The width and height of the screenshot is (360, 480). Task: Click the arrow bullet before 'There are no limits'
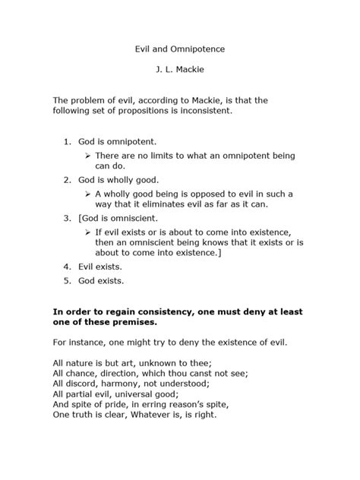click(x=88, y=155)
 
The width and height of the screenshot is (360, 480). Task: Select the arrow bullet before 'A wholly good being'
click(x=88, y=193)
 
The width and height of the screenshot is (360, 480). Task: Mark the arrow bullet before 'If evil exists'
click(x=88, y=231)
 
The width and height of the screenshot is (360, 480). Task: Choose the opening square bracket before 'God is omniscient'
click(x=79, y=218)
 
